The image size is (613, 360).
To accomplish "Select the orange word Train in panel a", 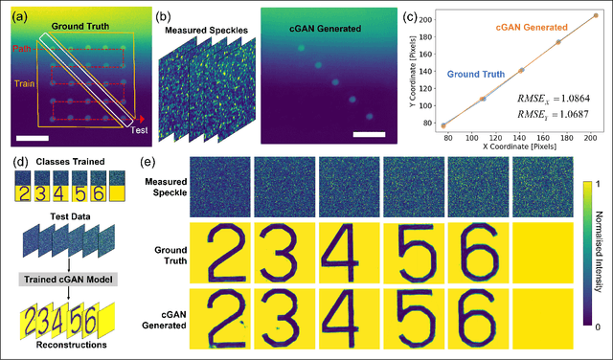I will [23, 83].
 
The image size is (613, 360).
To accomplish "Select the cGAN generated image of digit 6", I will [477, 326].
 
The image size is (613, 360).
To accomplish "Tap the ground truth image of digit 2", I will [219, 256].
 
